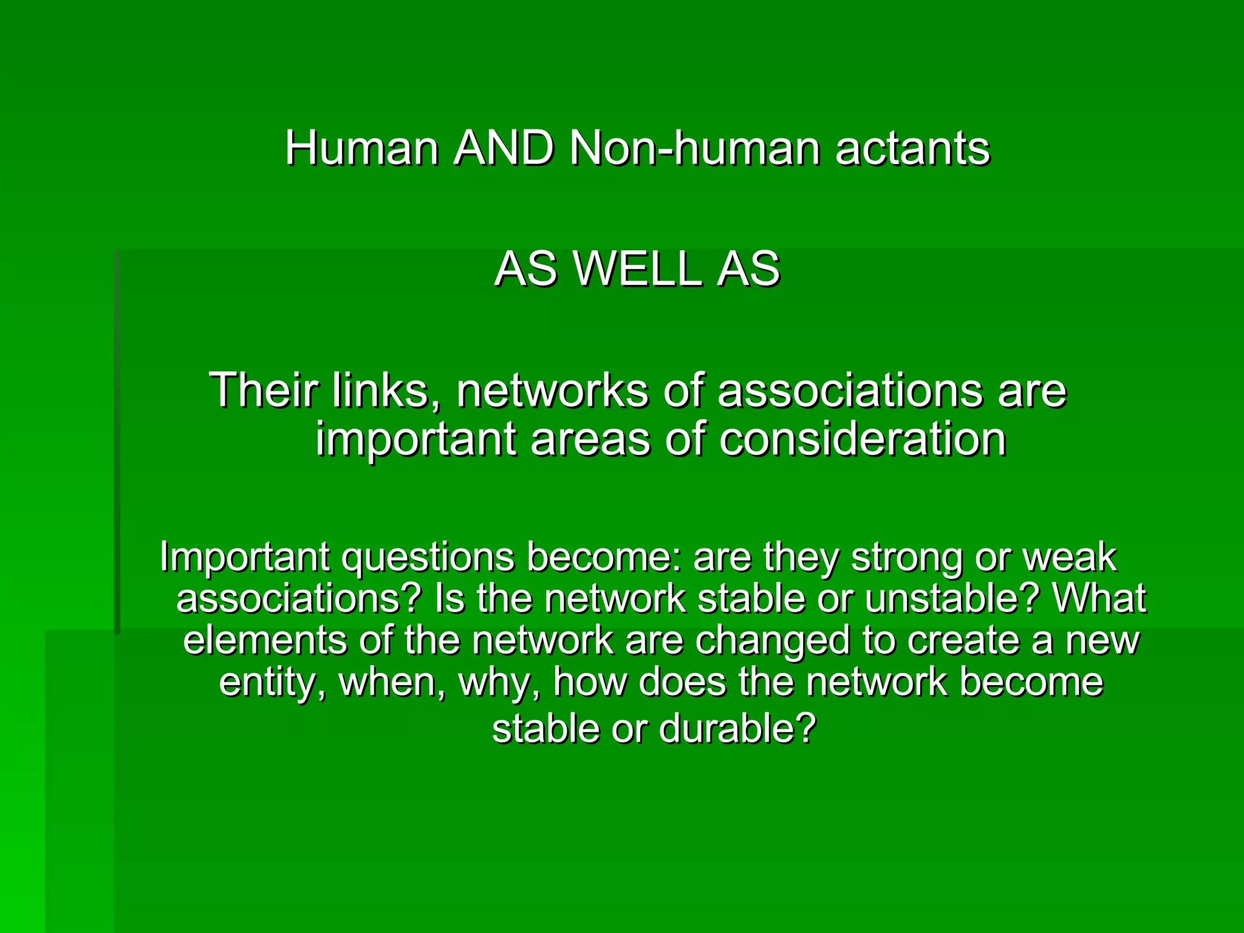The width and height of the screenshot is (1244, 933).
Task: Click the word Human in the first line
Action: pos(362,148)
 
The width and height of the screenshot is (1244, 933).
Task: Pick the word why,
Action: pos(499,682)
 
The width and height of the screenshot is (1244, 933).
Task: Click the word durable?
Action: pos(737,728)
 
